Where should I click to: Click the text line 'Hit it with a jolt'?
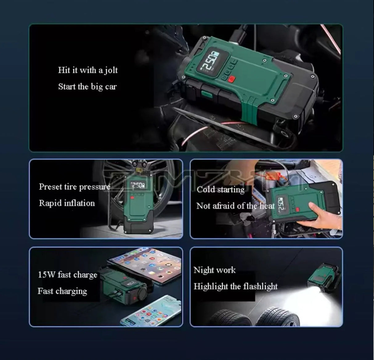point(88,70)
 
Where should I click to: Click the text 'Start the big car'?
point(87,87)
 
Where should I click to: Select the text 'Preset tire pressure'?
point(75,187)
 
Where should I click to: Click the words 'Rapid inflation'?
point(67,203)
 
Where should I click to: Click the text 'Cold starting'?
point(221,189)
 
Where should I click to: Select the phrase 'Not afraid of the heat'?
point(235,206)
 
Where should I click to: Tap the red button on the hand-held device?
point(298,210)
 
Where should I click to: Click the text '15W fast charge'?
point(67,275)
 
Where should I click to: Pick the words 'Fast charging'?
point(62,291)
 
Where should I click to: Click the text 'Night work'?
point(214,270)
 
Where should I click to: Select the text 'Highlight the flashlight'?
point(235,287)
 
